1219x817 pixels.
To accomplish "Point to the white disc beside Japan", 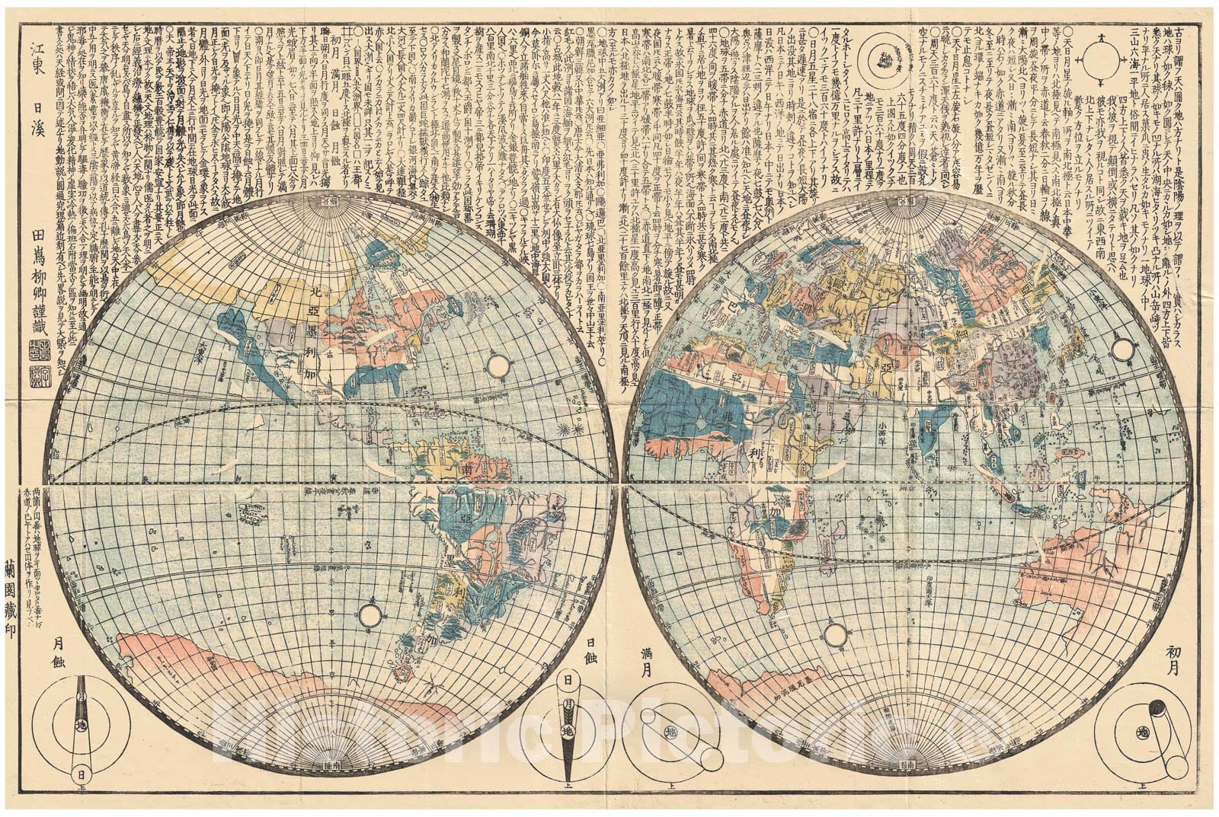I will click(1121, 349).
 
